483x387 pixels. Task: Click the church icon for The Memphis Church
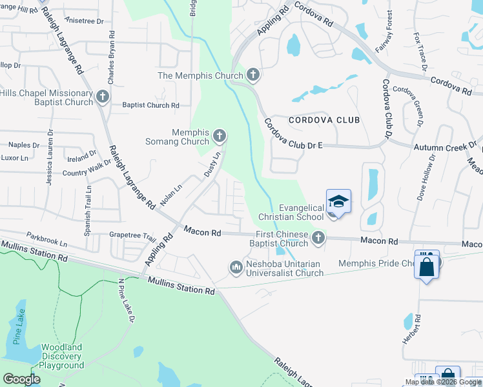point(252,75)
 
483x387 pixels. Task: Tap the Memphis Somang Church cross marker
point(220,136)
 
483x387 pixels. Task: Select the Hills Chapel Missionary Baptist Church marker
point(102,97)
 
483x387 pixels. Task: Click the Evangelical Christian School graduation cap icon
point(338,202)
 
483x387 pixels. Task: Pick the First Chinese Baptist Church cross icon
point(317,239)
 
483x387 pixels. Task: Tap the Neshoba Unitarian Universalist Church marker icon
point(236,266)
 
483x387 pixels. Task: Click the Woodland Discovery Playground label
point(62,356)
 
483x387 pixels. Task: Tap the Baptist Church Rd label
point(150,105)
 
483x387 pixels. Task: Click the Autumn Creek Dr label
point(444,147)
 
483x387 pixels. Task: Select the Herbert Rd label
point(418,330)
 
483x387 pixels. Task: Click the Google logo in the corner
point(21,379)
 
